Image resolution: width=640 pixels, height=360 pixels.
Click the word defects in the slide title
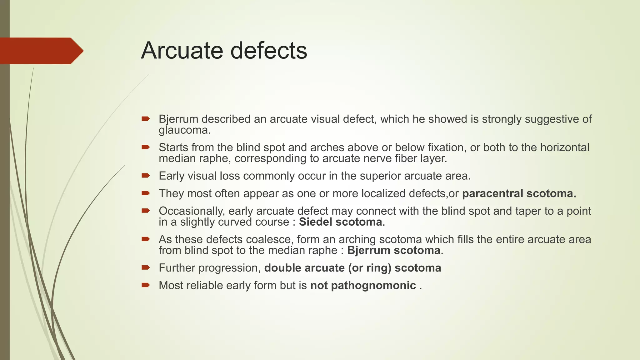269,51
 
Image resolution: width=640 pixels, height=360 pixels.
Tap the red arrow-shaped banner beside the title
41,51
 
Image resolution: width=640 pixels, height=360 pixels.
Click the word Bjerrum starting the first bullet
178,119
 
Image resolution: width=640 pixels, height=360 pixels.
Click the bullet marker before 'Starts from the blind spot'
146,147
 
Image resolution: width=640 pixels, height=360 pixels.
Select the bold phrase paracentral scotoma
519,193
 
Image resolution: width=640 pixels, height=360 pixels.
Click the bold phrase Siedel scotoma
340,222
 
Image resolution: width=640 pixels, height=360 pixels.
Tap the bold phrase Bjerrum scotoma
393,250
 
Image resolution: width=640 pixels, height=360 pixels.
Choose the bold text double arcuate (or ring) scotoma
352,268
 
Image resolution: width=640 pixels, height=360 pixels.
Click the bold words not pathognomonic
363,285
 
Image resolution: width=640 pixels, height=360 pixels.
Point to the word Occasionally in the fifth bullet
192,211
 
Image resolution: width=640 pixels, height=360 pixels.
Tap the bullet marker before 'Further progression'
146,267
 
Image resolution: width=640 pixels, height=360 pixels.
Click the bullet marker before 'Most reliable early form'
146,285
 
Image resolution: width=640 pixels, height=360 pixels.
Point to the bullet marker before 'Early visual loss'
146,176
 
